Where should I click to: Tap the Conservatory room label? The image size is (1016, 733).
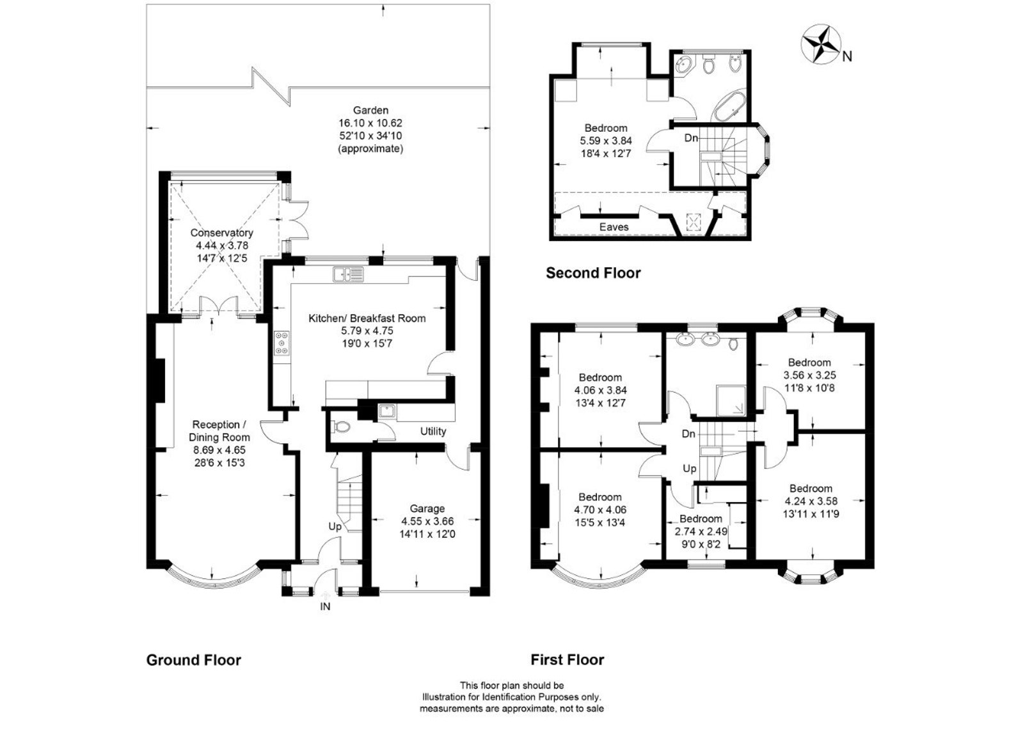click(x=221, y=233)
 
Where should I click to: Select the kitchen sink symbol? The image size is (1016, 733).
click(x=347, y=274)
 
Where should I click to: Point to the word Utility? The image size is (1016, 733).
click(x=433, y=431)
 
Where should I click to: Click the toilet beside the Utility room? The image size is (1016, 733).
click(x=341, y=427)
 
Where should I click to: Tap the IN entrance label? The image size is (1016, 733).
click(x=325, y=606)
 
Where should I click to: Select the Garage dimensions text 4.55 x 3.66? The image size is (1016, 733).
click(x=427, y=521)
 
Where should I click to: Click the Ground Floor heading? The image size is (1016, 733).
click(x=193, y=660)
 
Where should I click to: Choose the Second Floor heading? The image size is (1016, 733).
click(x=592, y=273)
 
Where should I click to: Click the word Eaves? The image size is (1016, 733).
click(x=614, y=227)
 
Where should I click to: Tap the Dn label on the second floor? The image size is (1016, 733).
click(x=691, y=138)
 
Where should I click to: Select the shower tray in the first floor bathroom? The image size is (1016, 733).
click(x=731, y=401)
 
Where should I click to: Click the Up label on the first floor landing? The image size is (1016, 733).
click(x=689, y=469)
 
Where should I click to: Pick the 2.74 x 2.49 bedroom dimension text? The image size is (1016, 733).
click(x=701, y=531)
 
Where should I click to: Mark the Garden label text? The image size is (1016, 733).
click(x=370, y=110)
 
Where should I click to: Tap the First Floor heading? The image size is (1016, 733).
click(x=567, y=660)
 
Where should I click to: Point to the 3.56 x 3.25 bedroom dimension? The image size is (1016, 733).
click(x=809, y=375)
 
